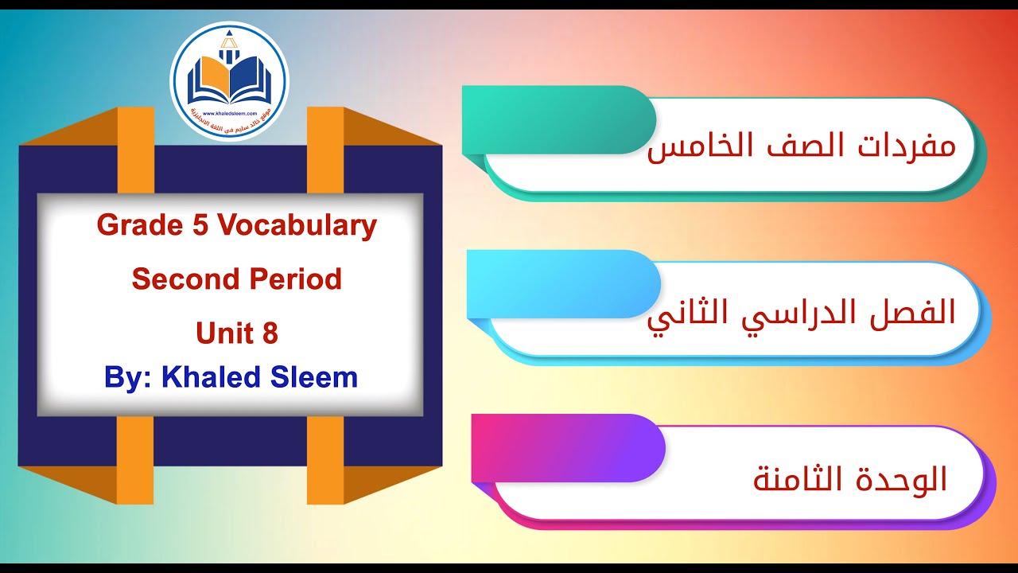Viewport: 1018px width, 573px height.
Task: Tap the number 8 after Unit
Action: [x=269, y=333]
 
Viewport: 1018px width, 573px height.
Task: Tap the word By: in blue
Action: [x=128, y=377]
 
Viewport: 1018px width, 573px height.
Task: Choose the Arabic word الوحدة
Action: [x=899, y=478]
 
